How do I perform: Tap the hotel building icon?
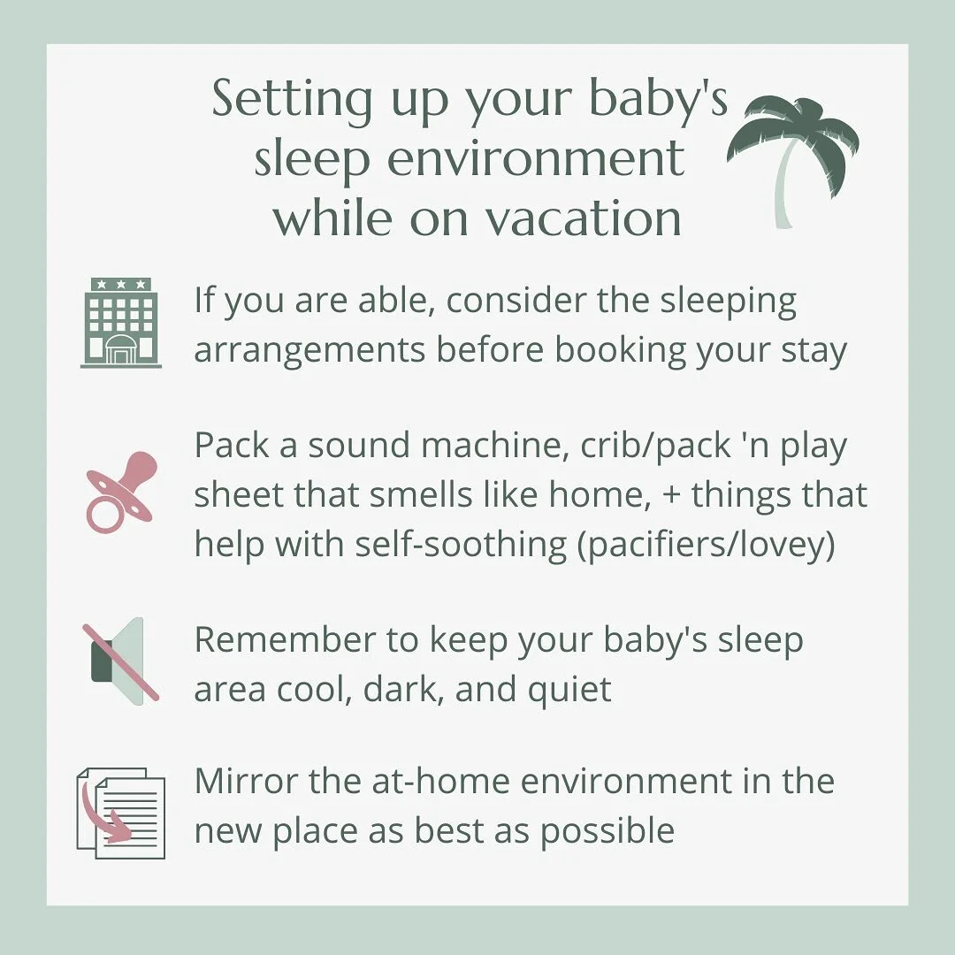pyautogui.click(x=121, y=322)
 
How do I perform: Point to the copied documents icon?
pyautogui.click(x=121, y=814)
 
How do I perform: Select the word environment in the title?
pyautogui.click(x=541, y=159)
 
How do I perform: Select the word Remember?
pyautogui.click(x=274, y=640)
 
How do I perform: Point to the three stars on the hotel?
pyautogui.click(x=121, y=285)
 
